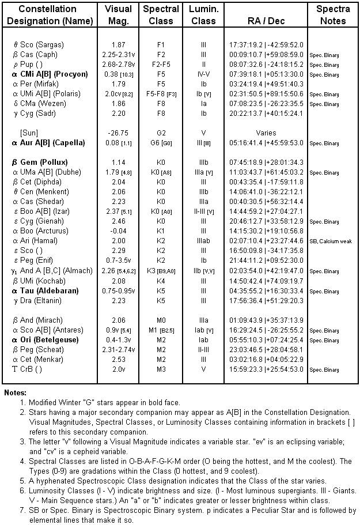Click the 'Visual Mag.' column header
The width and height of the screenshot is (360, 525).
pos(118,15)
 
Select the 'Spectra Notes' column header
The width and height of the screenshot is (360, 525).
pos(333,15)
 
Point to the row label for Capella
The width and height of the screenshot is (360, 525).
pos(48,142)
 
